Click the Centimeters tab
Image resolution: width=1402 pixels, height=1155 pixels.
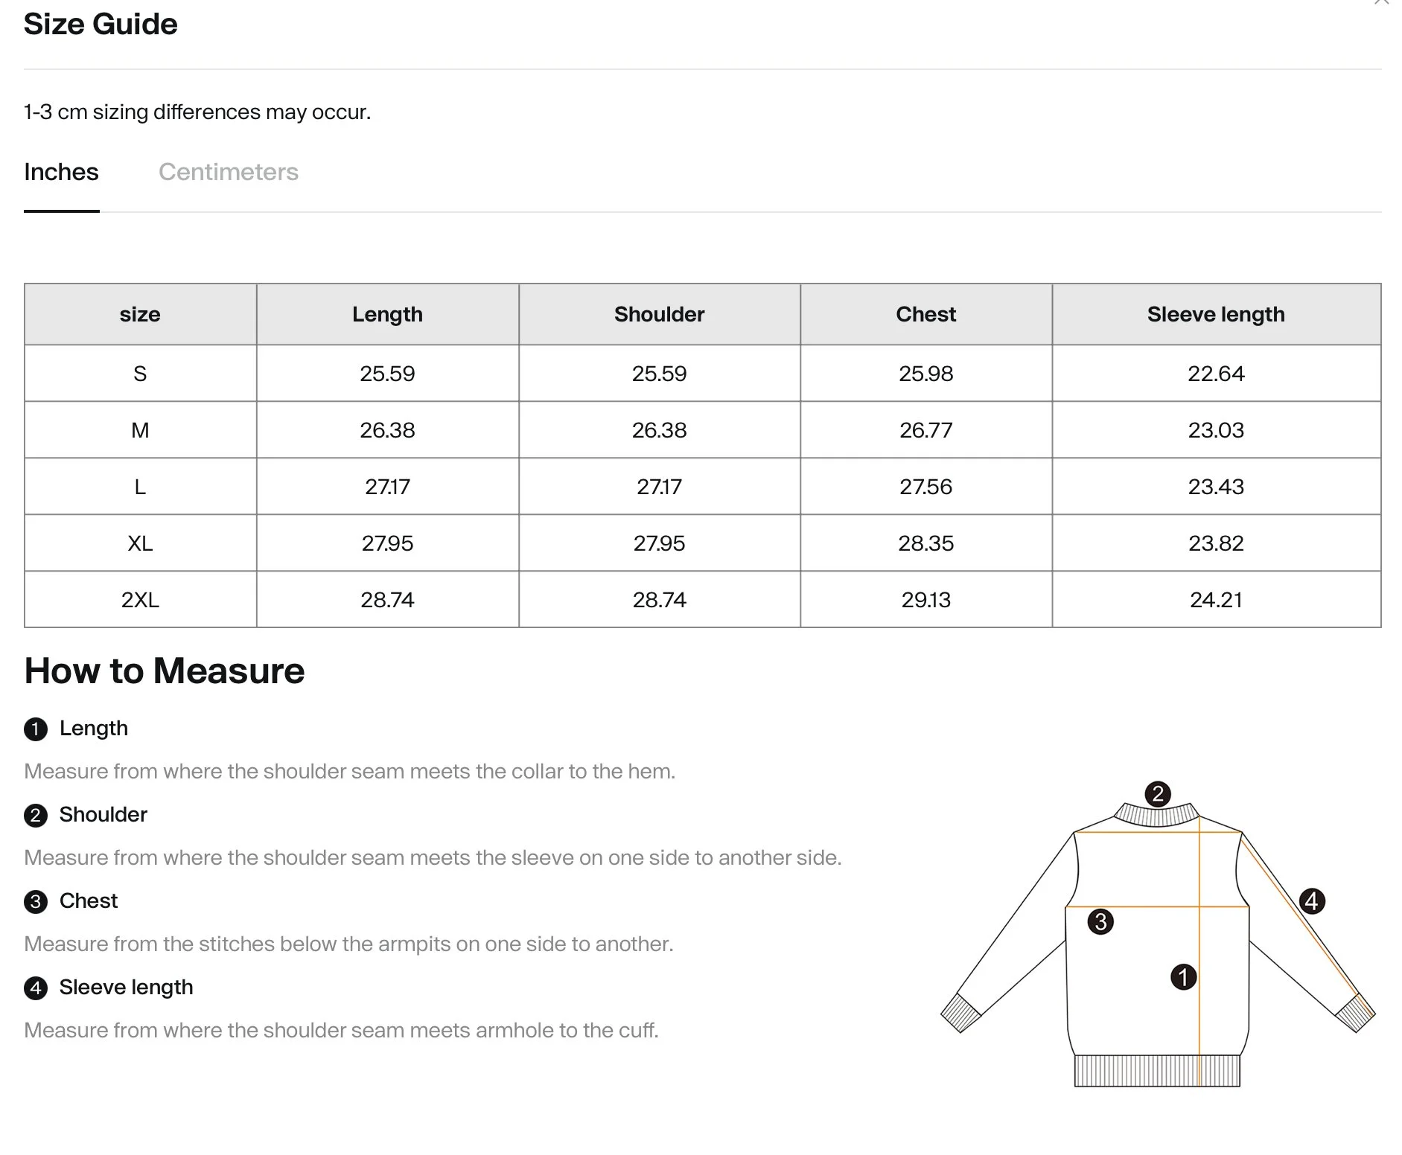pos(228,172)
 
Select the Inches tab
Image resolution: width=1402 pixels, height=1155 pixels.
pos(61,172)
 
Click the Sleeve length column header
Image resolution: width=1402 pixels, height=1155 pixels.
pos(1215,314)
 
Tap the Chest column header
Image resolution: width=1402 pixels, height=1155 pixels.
pos(925,314)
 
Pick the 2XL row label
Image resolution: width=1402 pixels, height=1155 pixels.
pos(140,600)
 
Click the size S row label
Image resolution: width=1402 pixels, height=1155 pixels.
pos(140,374)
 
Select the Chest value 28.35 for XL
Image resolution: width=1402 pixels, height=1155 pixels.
pos(925,543)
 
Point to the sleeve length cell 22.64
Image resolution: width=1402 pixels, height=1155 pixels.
pos(1215,374)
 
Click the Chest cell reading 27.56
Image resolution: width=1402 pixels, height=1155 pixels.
pos(925,487)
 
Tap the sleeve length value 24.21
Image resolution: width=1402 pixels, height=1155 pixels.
pos(1215,600)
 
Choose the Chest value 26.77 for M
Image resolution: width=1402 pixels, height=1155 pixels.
pos(925,430)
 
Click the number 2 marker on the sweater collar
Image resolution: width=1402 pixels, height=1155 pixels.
pos(1157,794)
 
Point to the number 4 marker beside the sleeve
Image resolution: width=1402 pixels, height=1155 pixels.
pos(1312,901)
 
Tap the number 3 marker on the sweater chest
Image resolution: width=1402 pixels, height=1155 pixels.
pos(1100,922)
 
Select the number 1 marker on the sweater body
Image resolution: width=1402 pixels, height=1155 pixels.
pos(1183,977)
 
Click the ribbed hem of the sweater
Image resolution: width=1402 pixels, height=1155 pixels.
pos(1156,1071)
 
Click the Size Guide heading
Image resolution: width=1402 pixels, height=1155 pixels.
pos(101,25)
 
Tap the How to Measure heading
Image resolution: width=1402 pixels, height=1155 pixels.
pos(165,671)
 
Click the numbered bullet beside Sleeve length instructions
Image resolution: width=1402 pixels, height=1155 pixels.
pos(36,988)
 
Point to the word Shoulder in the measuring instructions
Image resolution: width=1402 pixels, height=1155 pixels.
pos(103,814)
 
